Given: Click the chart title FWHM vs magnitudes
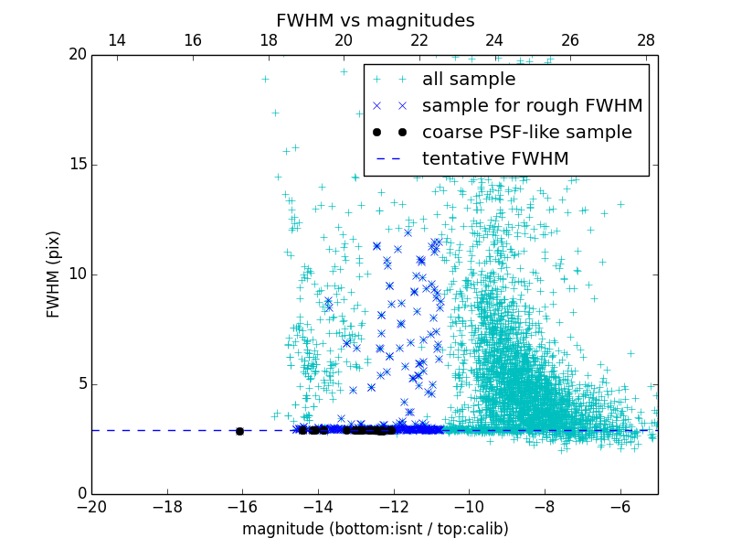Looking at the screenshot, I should (375, 20).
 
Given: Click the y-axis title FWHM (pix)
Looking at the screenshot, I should (54, 274).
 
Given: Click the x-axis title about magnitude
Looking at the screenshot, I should (375, 529).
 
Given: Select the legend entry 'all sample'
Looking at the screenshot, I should (468, 80).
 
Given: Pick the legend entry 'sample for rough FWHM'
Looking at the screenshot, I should (532, 106).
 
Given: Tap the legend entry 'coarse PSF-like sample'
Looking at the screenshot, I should (526, 133).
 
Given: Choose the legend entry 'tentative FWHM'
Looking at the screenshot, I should (494, 159).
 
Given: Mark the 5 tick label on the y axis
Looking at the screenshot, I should (80, 384).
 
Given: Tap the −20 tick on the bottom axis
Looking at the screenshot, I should (91, 506).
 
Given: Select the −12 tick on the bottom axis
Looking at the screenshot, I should (393, 506).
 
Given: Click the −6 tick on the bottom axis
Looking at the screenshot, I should (620, 506).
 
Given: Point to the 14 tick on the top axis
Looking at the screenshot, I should (117, 40).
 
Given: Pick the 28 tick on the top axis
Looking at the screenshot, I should (646, 40).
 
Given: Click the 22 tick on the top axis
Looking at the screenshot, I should (419, 40).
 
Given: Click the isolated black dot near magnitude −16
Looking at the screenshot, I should (239, 431).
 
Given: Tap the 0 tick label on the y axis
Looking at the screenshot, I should (80, 494).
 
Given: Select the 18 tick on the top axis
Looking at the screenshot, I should (269, 40).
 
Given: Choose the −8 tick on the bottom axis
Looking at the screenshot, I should (545, 506).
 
